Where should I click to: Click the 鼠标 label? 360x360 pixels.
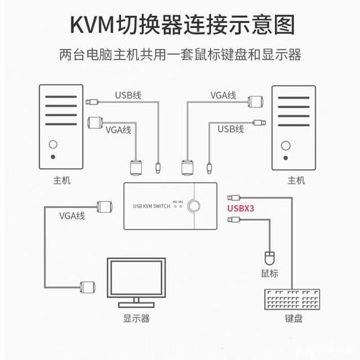coord(270,274)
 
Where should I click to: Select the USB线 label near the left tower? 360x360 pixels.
coord(130,94)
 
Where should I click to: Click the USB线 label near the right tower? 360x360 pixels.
coord(230,130)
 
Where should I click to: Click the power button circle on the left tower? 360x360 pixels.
coord(53,156)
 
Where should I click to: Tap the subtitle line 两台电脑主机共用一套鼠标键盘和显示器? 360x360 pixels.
coord(180,55)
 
